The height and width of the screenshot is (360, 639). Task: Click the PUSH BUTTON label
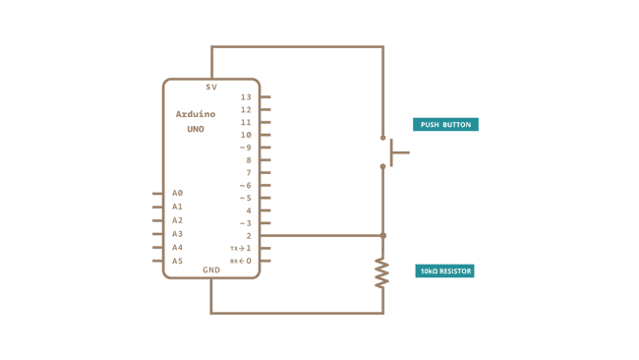click(445, 125)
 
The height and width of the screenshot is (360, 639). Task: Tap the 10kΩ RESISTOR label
click(445, 270)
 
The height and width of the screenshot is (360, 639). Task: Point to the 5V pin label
click(210, 88)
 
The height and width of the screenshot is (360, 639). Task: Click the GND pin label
click(211, 270)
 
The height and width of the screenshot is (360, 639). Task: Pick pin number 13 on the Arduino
click(246, 97)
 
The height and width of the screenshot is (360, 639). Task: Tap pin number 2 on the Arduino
click(249, 236)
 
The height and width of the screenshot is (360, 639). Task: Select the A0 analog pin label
click(177, 193)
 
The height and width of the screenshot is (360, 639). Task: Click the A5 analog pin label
click(177, 261)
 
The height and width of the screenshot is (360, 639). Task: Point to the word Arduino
click(195, 114)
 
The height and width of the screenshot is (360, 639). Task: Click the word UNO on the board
click(195, 129)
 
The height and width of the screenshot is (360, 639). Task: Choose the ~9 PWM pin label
click(245, 148)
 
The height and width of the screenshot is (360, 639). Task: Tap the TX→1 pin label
click(241, 248)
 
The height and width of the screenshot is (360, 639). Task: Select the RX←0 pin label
click(241, 261)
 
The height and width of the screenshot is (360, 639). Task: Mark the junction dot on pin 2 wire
click(382, 236)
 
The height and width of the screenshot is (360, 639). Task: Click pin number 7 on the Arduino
click(249, 172)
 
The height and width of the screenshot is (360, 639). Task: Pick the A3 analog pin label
click(177, 233)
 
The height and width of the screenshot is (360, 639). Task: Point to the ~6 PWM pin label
click(245, 185)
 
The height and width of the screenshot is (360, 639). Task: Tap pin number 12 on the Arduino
click(246, 109)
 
